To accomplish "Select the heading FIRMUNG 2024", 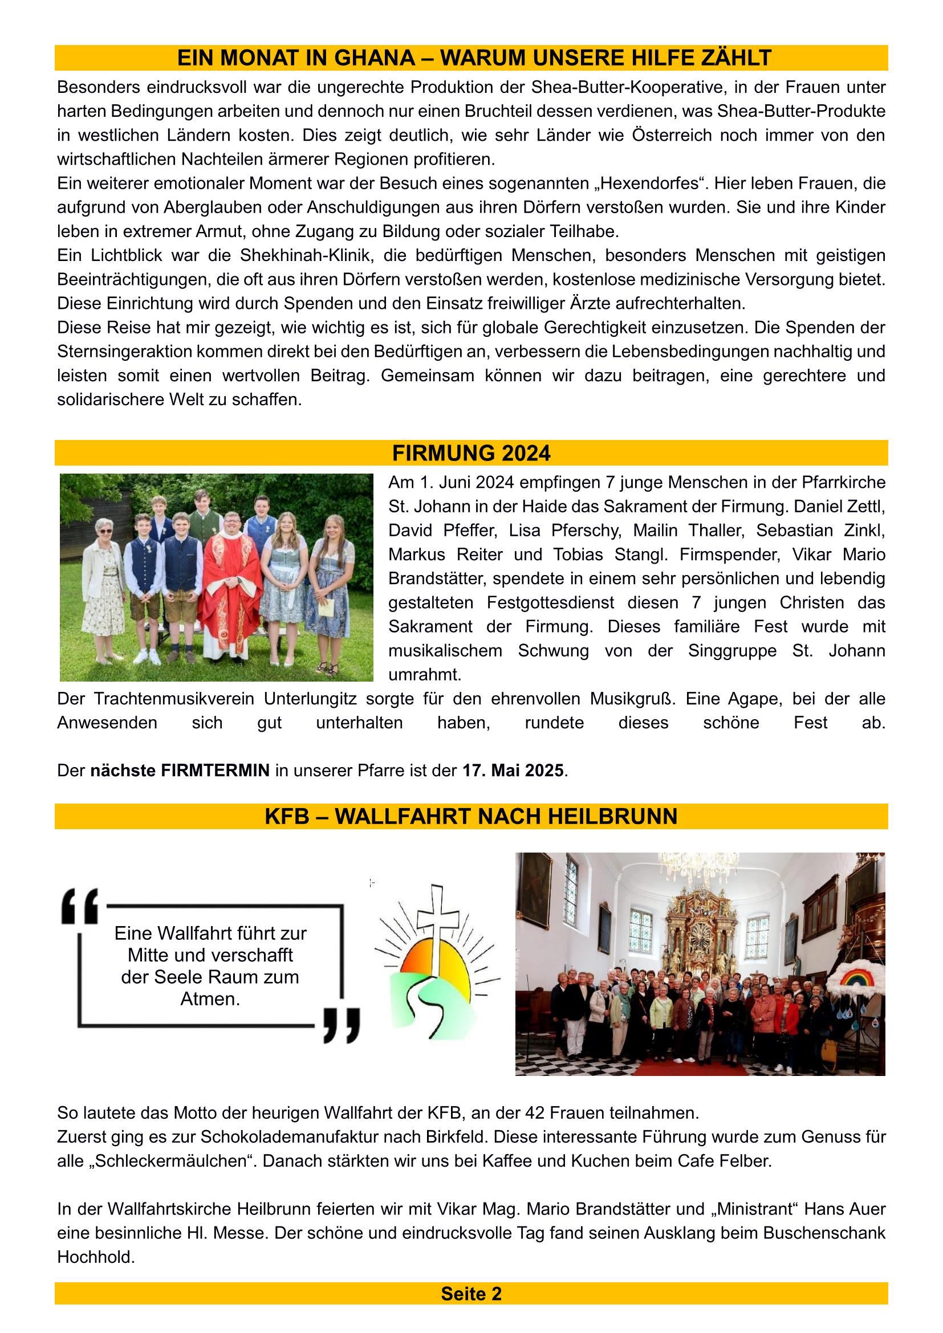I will pos(471,453).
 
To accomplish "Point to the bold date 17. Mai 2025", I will pos(513,771).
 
